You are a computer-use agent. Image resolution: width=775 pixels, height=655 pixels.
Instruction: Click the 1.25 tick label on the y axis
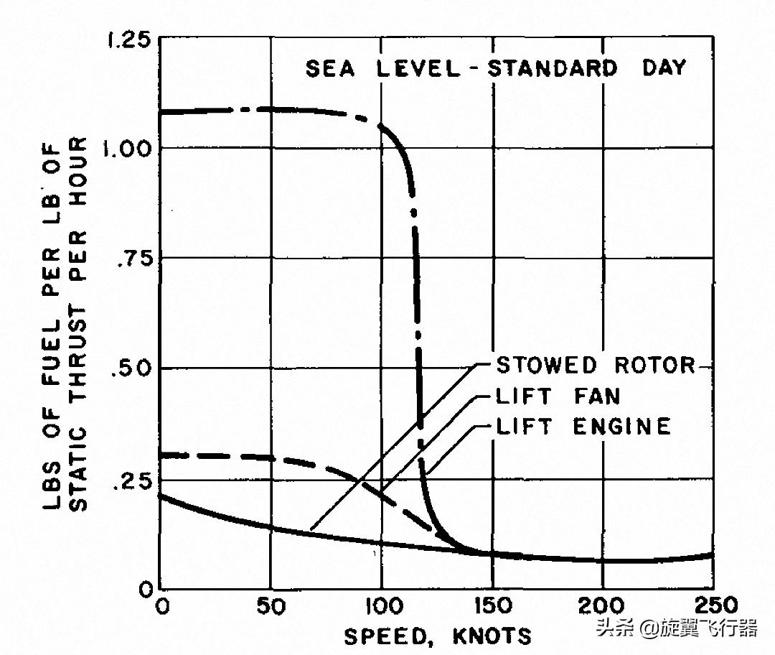tap(128, 40)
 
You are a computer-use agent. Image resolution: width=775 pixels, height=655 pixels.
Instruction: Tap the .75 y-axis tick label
tap(133, 259)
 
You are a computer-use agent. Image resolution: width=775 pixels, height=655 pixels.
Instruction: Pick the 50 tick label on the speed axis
tap(271, 607)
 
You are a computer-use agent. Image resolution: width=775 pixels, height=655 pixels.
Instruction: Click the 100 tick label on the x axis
tap(381, 607)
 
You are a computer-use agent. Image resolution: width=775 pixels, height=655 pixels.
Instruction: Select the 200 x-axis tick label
tap(602, 607)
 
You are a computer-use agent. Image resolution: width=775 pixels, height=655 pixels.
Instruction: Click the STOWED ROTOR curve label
tap(596, 365)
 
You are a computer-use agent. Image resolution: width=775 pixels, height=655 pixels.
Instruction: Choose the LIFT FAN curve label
tap(558, 396)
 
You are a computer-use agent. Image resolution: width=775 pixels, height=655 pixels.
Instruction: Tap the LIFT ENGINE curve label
tap(583, 427)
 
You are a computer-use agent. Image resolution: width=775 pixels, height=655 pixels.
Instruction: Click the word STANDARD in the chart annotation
tap(552, 69)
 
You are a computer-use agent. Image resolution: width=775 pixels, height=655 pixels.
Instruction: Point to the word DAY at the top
tap(663, 68)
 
